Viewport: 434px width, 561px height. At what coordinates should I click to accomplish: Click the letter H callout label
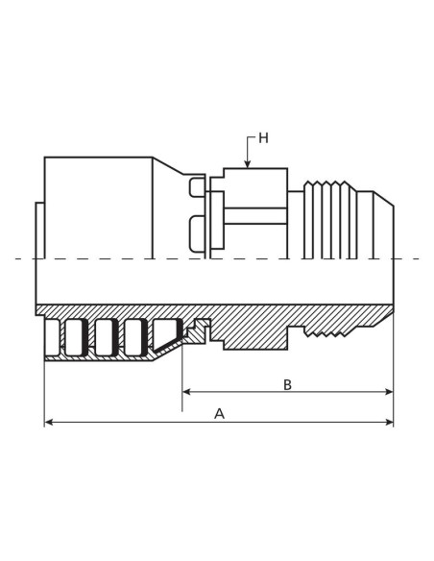coord(263,138)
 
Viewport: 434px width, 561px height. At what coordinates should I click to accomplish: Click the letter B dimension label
coord(287,385)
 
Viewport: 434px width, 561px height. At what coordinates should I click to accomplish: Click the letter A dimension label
coord(219,414)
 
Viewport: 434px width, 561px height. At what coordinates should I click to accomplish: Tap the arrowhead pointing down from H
coord(247,164)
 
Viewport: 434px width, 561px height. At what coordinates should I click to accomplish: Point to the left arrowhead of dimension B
coord(186,392)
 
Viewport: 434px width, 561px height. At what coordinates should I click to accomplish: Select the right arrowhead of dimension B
coord(389,392)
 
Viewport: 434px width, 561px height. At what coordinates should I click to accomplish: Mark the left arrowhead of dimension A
coord(49,423)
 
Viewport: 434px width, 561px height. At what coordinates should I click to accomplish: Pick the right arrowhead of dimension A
coord(389,423)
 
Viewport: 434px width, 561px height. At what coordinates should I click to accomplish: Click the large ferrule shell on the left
coord(99,207)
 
